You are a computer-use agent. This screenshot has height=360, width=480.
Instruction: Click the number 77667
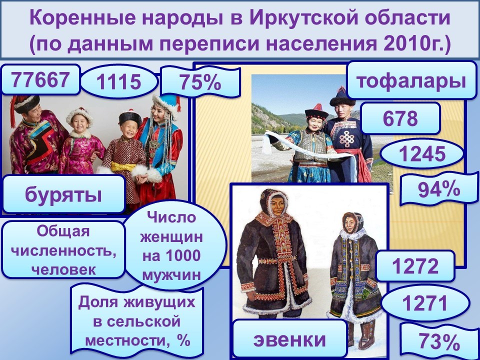[40, 79]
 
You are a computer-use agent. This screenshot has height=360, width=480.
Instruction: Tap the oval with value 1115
[119, 81]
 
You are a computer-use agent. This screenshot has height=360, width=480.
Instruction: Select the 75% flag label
[200, 82]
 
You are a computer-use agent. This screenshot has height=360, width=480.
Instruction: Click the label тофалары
[411, 80]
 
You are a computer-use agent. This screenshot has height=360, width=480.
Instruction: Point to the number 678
[400, 118]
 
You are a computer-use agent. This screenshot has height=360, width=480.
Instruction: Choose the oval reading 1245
[422, 153]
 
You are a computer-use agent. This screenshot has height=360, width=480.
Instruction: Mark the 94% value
[439, 189]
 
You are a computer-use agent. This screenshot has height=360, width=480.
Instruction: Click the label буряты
[63, 194]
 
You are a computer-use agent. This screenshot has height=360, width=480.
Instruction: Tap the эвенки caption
[289, 339]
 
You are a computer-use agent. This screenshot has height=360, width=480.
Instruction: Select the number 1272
[415, 266]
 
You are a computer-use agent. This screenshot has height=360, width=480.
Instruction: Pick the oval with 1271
[424, 303]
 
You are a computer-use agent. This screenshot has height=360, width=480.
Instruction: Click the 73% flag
[439, 341]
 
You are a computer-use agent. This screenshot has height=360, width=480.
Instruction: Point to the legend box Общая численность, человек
[63, 249]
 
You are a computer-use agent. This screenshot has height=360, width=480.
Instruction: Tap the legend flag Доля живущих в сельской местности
[137, 321]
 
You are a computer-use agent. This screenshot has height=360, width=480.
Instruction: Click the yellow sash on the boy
[123, 166]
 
